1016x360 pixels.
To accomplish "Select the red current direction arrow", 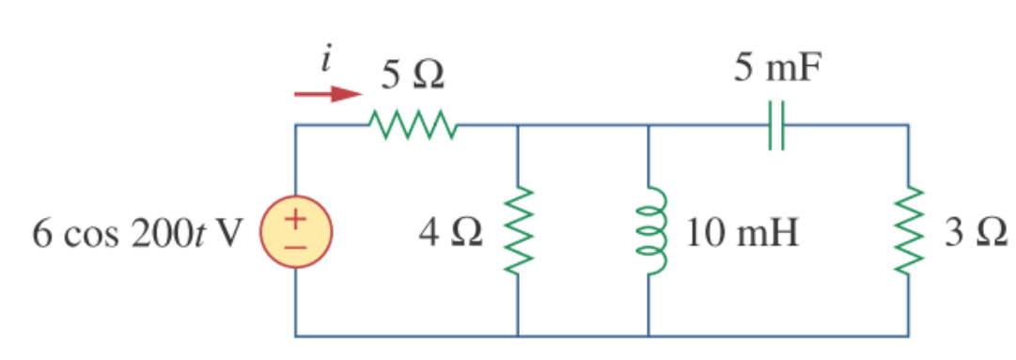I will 327,94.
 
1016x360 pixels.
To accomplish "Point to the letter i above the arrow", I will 326,62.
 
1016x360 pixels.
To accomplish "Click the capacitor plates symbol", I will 775,125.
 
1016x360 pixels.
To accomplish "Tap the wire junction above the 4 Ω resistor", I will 518,125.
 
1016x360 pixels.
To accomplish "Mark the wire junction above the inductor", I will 649,125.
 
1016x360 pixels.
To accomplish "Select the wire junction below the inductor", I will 649,335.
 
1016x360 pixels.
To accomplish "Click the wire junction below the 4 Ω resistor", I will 518,335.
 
